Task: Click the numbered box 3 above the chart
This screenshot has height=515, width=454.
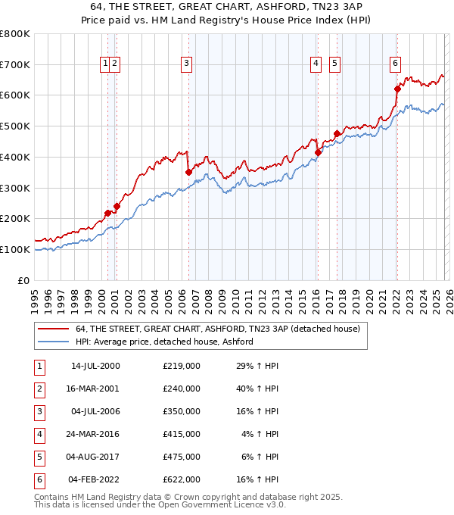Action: click(x=186, y=64)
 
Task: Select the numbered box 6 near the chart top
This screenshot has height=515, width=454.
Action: click(x=395, y=64)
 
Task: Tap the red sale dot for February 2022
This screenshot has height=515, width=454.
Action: click(x=397, y=89)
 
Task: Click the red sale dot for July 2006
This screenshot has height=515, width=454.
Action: click(x=188, y=173)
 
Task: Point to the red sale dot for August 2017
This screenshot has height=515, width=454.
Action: click(x=337, y=134)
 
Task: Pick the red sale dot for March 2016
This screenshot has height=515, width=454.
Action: click(x=318, y=152)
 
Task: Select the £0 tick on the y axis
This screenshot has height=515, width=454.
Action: click(x=24, y=280)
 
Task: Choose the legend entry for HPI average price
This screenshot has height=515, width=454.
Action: click(x=163, y=342)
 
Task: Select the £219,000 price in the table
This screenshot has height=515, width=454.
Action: click(x=182, y=366)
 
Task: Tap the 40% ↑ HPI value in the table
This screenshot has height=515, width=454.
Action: click(x=258, y=389)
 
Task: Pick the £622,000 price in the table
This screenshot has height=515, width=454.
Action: click(x=182, y=479)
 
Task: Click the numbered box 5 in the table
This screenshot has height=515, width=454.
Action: click(x=38, y=457)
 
